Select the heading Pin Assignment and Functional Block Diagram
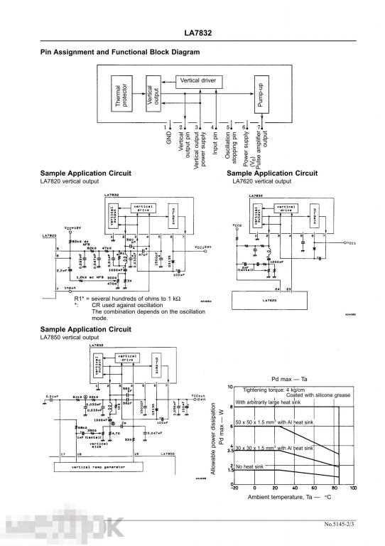click(120, 52)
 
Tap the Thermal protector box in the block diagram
click(122, 95)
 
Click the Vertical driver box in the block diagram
click(198, 80)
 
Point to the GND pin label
click(169, 137)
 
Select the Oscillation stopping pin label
click(230, 144)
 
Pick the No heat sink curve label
click(249, 466)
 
